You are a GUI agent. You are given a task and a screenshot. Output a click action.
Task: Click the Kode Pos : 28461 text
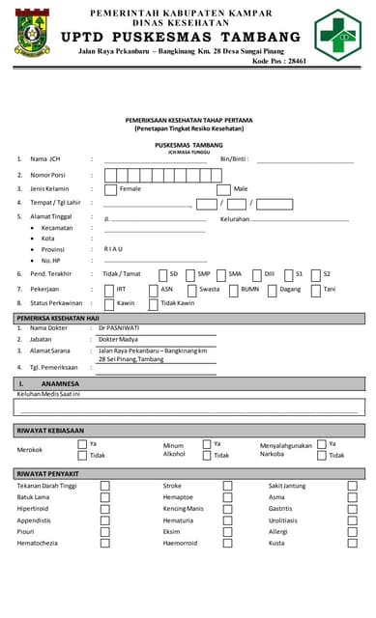tap(279, 61)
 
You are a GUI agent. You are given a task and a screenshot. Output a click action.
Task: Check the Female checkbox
tap(110, 189)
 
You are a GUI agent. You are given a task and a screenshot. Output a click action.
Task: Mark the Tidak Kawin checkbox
tap(152, 304)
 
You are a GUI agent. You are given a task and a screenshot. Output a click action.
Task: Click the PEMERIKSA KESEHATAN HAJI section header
tap(58, 317)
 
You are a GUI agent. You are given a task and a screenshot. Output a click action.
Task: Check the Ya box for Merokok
tap(82, 444)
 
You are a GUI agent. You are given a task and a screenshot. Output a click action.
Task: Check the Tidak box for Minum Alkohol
tap(206, 455)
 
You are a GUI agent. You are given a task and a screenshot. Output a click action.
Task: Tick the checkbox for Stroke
tap(227, 487)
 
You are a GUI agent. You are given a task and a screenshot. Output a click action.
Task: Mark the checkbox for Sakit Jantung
tap(352, 487)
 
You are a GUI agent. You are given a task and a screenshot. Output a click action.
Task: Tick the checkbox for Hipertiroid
tap(104, 509)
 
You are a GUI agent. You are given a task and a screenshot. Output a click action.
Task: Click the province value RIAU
tap(113, 248)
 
